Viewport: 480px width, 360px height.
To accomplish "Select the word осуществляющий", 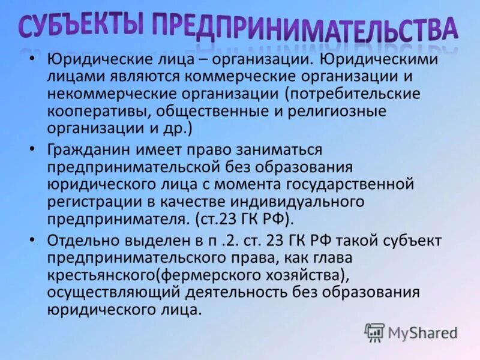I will click(x=103, y=292).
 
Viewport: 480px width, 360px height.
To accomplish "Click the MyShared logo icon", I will click(x=375, y=332).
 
